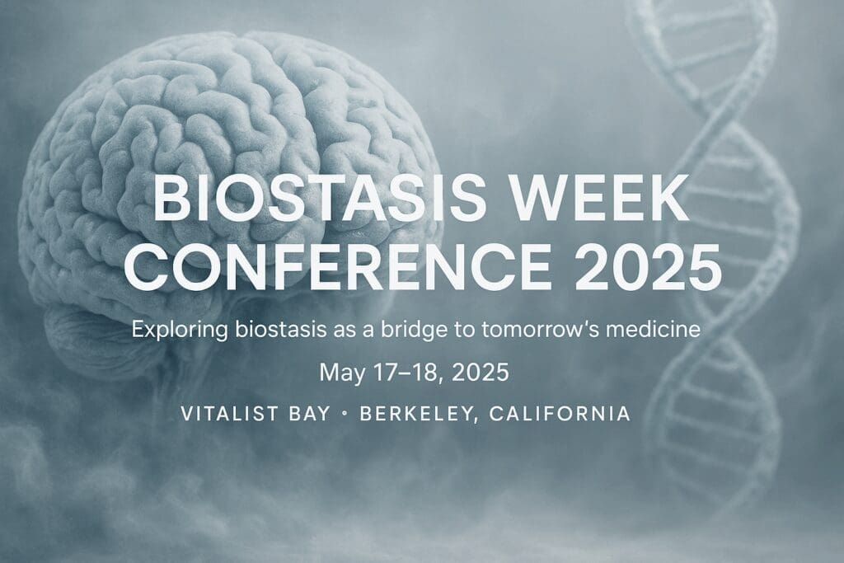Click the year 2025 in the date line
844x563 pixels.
[x=481, y=373]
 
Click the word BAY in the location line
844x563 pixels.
[x=310, y=413]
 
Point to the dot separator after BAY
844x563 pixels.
[x=345, y=414]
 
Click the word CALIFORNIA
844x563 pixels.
[x=560, y=413]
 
